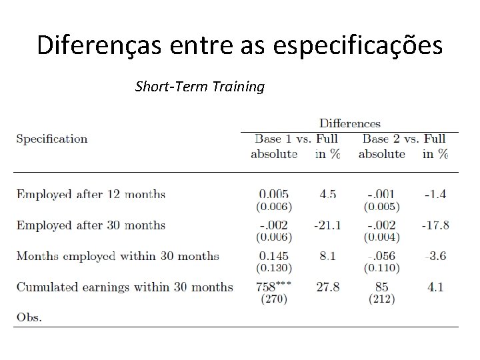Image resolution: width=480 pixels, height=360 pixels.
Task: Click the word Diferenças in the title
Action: coord(99,45)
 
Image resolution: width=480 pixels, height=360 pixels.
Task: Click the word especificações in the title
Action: coord(357,45)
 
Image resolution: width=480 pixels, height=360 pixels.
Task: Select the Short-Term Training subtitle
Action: coord(200,87)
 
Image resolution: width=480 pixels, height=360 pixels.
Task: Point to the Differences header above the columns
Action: coord(350,123)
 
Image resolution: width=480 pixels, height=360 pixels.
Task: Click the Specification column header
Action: coord(52,139)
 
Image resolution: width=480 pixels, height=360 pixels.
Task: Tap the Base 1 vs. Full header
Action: coord(296,139)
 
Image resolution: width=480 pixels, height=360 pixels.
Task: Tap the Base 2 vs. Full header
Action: coord(404,139)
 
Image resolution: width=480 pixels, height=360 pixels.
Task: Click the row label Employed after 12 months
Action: coord(91,195)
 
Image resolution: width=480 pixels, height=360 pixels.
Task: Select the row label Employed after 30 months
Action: coord(91,225)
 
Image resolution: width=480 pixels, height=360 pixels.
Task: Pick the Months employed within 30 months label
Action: coord(118,256)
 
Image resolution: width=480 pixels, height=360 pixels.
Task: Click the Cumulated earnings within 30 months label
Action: coord(125,287)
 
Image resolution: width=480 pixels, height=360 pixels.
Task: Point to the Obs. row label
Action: coord(29,317)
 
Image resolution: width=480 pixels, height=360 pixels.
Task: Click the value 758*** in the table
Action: coord(274,287)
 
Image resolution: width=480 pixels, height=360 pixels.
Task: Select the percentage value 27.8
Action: coord(328,287)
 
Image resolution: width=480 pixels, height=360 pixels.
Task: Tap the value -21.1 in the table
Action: coord(327,225)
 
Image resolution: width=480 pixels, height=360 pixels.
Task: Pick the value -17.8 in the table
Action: coord(435,225)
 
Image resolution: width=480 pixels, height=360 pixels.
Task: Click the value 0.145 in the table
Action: coord(274,256)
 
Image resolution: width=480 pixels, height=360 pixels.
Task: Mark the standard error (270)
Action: coord(274,299)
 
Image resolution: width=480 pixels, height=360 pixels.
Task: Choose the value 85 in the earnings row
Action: coord(382,287)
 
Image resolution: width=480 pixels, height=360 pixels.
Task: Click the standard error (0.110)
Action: coord(382,268)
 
